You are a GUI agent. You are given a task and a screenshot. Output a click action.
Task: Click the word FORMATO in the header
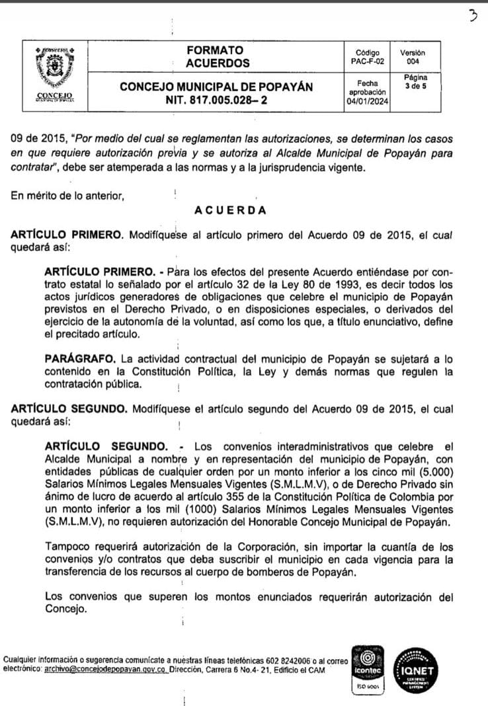click(x=214, y=50)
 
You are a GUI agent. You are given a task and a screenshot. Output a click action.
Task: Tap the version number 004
click(x=413, y=61)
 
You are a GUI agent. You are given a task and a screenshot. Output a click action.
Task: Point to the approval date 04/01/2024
click(x=367, y=102)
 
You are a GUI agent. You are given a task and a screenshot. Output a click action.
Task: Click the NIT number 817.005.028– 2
click(x=217, y=102)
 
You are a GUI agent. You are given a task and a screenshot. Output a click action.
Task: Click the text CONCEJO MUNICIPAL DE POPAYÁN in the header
click(x=217, y=87)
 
